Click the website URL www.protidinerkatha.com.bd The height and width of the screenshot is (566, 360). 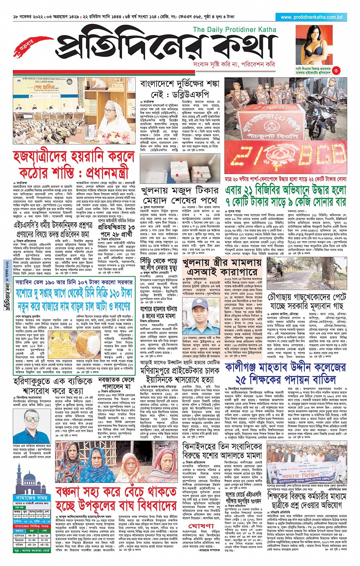click(x=312, y=17)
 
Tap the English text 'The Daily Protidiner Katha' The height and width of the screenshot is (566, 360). click(x=234, y=29)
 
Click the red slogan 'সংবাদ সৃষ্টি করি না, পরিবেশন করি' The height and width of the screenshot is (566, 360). click(x=234, y=64)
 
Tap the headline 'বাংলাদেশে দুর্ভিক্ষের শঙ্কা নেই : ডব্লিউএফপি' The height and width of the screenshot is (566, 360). click(x=180, y=89)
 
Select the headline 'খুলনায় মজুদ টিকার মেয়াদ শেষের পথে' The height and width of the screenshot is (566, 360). click(x=180, y=195)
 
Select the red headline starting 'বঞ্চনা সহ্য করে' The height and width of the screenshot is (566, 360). click(x=116, y=499)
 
